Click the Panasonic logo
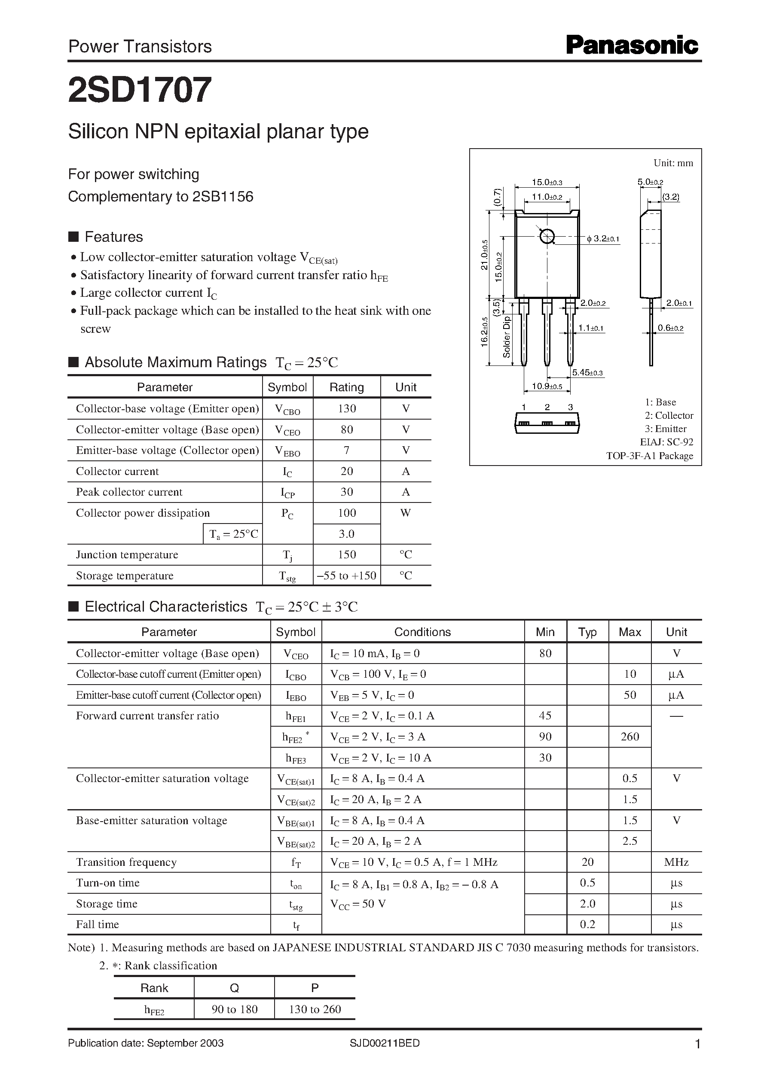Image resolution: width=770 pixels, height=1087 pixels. [x=632, y=46]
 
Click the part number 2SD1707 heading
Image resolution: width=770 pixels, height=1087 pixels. [x=140, y=90]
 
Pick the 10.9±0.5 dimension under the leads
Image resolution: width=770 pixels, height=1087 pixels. [x=547, y=386]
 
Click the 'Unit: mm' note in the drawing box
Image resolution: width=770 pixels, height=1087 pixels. [x=673, y=163]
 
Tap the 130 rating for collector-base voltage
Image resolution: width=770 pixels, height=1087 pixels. [x=347, y=408]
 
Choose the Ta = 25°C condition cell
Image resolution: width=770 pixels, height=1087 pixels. [x=233, y=534]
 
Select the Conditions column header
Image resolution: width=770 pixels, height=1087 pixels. [x=422, y=632]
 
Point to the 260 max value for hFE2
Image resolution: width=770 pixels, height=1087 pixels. [x=629, y=737]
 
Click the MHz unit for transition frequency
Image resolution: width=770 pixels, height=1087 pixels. [x=676, y=862]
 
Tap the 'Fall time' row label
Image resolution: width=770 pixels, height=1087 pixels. [x=98, y=925]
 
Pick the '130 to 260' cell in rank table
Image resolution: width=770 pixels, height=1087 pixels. [x=315, y=1009]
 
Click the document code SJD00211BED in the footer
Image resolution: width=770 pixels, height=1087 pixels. [x=385, y=1043]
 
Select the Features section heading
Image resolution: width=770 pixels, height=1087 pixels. [x=113, y=237]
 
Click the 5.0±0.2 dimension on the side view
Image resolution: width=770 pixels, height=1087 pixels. [x=650, y=182]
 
